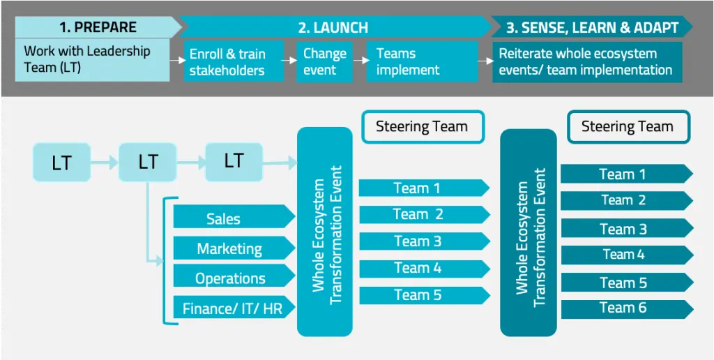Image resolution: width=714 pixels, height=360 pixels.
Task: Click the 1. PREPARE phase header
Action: coord(98,27)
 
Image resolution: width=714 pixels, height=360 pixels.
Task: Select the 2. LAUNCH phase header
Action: coord(333,27)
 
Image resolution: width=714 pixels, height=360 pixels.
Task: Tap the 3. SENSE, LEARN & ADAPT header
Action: coord(592,27)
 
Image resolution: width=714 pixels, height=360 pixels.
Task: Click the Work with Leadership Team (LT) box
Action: coord(93,60)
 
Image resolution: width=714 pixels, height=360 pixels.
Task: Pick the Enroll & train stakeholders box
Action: coord(234,62)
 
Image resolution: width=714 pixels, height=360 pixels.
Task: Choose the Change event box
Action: coord(325,62)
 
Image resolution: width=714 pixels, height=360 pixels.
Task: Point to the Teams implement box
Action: coord(422,62)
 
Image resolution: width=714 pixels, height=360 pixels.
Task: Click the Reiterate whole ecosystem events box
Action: coord(587,62)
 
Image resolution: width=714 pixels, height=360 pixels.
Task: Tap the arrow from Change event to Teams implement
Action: coord(360,60)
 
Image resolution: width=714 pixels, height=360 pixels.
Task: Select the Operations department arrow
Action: coord(234,278)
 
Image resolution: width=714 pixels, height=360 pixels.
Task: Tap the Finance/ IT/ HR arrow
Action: coord(234,308)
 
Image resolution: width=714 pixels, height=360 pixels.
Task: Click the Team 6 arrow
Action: coord(627,309)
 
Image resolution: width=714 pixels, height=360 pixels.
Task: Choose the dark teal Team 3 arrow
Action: coord(627,228)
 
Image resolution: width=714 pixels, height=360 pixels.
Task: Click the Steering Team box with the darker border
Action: coord(628,126)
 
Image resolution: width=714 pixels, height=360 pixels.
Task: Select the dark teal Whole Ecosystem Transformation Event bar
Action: coord(529,232)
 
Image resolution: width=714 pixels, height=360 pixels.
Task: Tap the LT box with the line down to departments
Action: coord(148,162)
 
